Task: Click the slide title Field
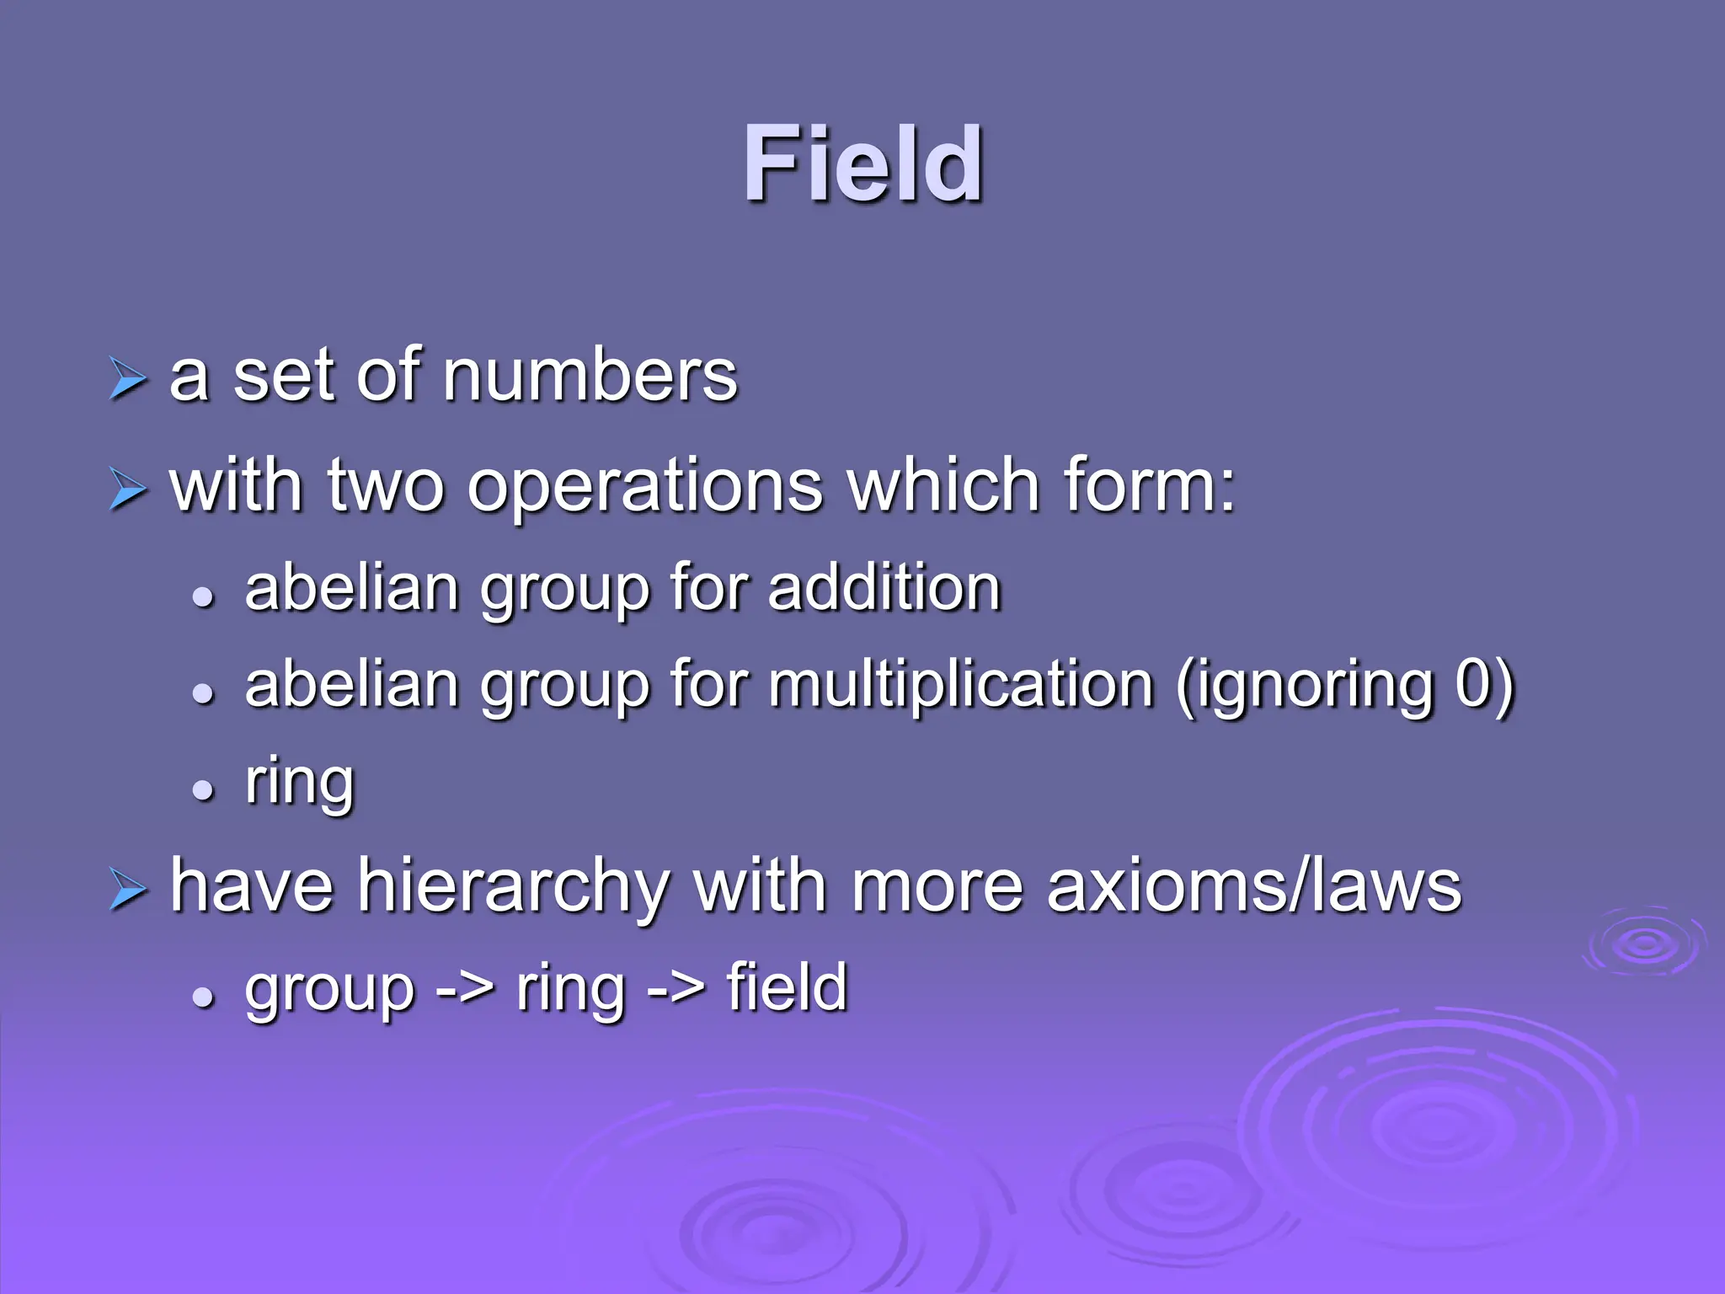(862, 164)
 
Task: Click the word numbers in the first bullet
(590, 376)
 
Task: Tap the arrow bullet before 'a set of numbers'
(128, 379)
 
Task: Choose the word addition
(884, 587)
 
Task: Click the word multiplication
(959, 684)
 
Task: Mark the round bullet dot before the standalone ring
(203, 790)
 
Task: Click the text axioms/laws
(1253, 886)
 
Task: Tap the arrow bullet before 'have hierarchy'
(128, 890)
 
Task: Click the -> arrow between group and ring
(465, 988)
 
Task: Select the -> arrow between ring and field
(676, 988)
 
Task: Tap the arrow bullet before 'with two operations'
(128, 489)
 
